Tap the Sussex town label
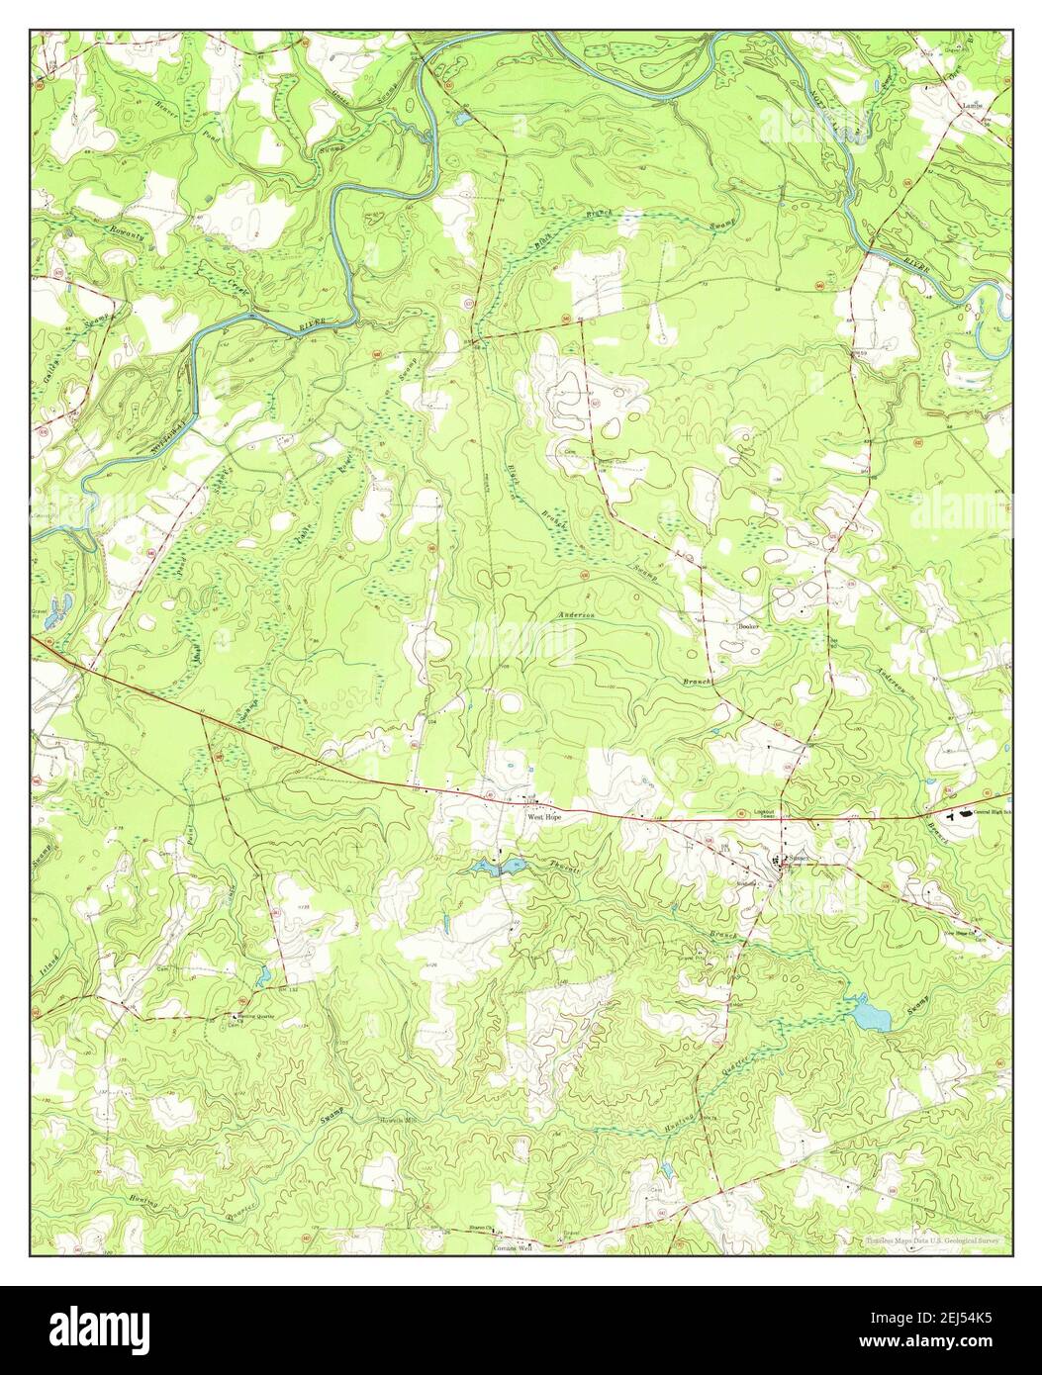799,858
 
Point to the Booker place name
747,626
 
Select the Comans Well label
512,1248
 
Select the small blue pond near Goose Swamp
462,119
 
